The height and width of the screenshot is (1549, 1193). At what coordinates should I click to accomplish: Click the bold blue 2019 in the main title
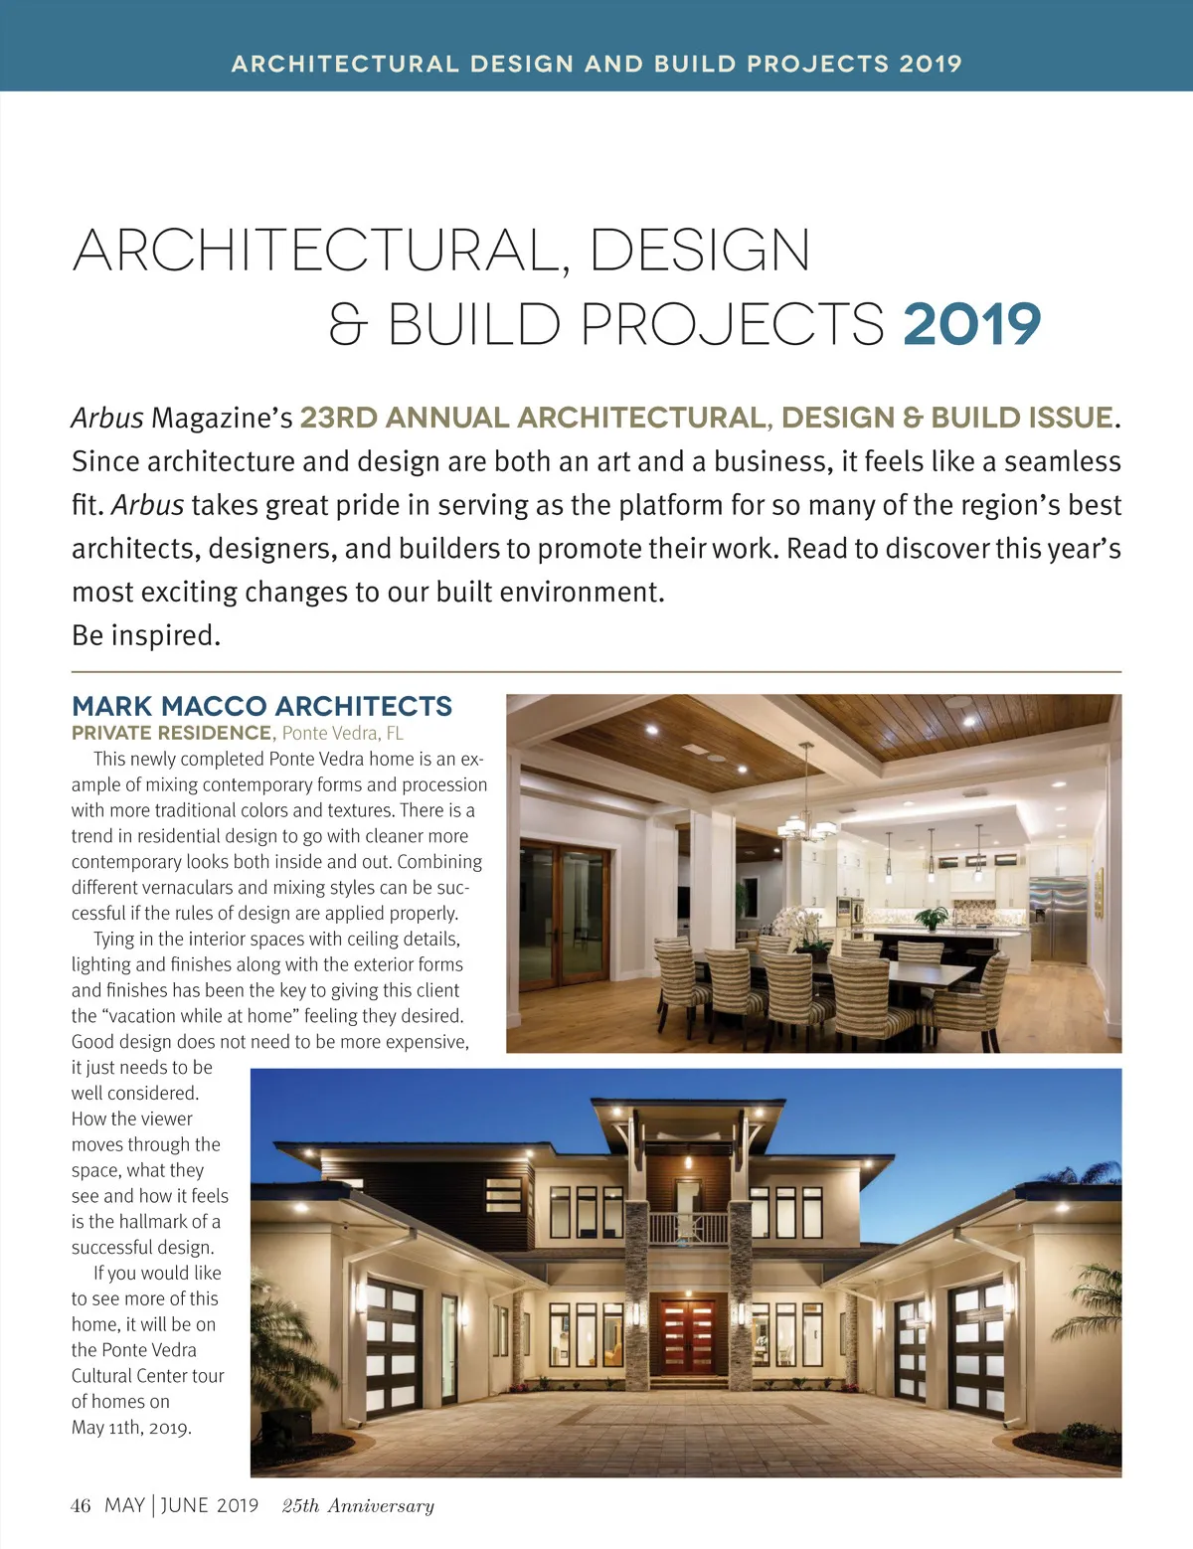point(971,324)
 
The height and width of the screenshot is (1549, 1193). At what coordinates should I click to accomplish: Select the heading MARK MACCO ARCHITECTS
point(261,706)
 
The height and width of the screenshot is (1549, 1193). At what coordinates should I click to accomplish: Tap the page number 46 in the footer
point(81,1505)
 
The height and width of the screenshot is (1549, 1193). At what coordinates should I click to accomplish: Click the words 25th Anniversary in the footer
point(358,1506)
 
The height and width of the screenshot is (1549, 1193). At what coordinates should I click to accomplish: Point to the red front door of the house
point(688,1336)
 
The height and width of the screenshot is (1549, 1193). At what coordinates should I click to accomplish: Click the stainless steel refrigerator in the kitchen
point(1058,919)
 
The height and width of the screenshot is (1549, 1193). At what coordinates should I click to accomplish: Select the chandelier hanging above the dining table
point(807,824)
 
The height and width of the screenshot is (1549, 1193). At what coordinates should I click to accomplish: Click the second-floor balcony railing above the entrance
point(688,1229)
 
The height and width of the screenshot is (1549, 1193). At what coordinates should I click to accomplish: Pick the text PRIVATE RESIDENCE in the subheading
point(171,734)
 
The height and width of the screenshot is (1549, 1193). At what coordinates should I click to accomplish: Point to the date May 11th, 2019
point(131,1428)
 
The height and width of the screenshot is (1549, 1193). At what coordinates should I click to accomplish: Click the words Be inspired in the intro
point(145,635)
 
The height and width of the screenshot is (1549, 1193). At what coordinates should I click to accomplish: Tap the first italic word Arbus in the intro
point(107,419)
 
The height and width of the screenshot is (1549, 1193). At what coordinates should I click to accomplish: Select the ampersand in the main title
point(348,326)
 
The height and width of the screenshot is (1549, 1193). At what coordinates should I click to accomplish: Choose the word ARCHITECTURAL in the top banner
point(345,64)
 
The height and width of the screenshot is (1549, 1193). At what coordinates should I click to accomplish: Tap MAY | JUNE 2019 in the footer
point(181,1505)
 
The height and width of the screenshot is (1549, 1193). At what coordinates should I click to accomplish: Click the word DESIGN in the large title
point(700,251)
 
